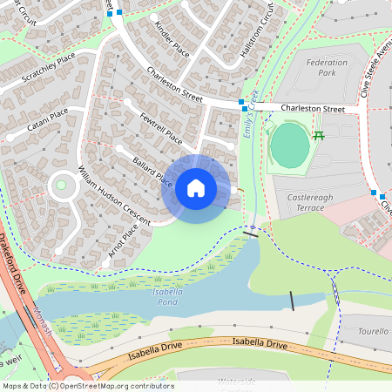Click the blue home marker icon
(x=196, y=188)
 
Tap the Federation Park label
(x=328, y=68)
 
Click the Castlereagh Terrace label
(x=311, y=203)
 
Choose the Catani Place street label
(x=47, y=119)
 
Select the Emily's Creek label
(x=252, y=114)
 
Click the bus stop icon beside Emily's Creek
(x=242, y=103)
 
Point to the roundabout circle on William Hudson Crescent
(x=62, y=186)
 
